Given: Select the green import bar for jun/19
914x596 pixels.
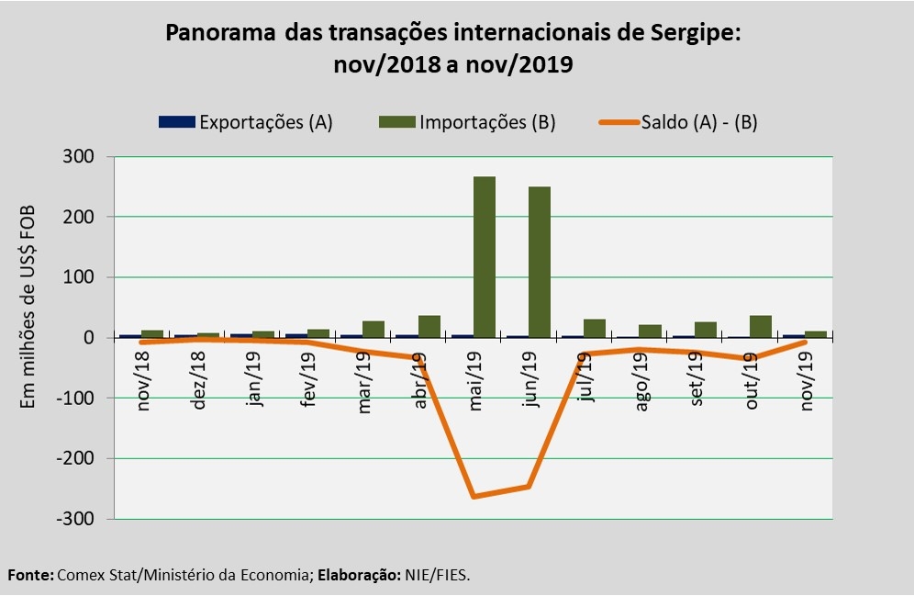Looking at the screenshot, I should coord(540,262).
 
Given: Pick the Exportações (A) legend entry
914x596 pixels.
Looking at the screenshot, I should coord(246,122).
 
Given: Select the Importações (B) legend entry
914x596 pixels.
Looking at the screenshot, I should coord(467,122).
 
